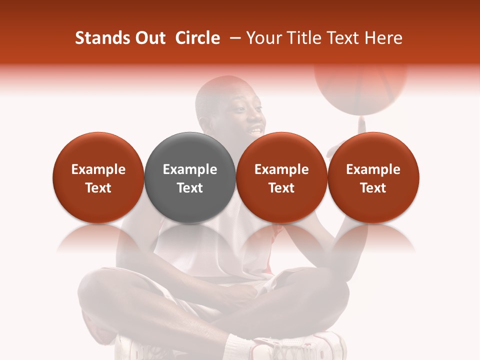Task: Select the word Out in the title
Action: point(150,38)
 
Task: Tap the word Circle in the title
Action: point(197,38)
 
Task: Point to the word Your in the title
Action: point(263,38)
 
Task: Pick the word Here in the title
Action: point(383,38)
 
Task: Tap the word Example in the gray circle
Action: point(190,169)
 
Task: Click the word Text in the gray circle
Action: point(190,188)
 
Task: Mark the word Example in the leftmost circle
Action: point(98,169)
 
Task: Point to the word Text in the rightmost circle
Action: point(373,188)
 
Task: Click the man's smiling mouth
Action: point(255,131)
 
